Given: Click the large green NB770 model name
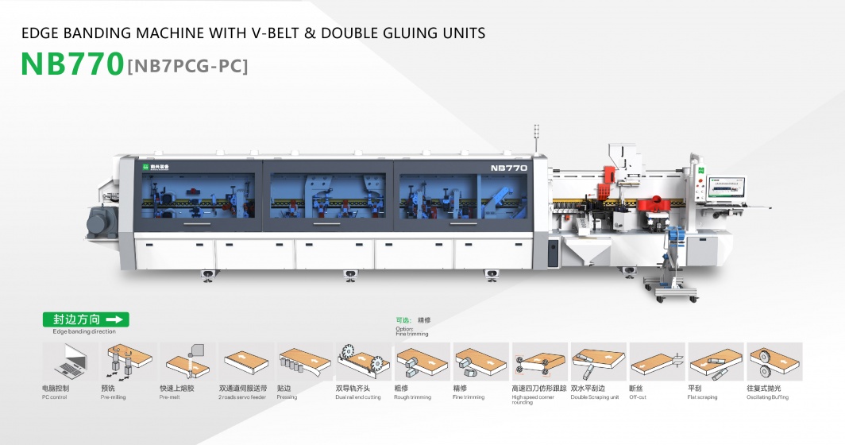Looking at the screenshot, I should (72, 64).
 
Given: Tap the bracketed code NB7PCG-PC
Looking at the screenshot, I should (187, 66).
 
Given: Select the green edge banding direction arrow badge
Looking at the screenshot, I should (85, 319).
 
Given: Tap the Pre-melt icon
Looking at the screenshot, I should (187, 362).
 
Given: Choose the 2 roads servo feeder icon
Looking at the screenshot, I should (245, 362).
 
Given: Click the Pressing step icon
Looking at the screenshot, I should (303, 362).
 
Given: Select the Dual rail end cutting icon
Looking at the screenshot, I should (362, 362).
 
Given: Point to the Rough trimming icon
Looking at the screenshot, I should (421, 362).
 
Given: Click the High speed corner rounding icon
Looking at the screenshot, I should (538, 362).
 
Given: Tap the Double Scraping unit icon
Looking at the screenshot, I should (597, 362).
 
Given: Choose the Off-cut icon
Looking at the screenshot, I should (656, 362).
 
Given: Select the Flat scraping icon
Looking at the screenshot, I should (715, 362).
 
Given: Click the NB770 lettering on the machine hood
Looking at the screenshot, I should (508, 168).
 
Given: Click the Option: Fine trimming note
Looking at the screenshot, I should (411, 331).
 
